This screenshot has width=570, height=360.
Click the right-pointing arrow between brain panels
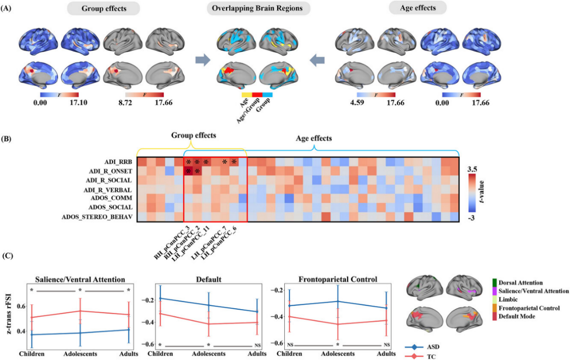click(202, 60)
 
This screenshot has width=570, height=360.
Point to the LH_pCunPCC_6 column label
click(220, 240)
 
